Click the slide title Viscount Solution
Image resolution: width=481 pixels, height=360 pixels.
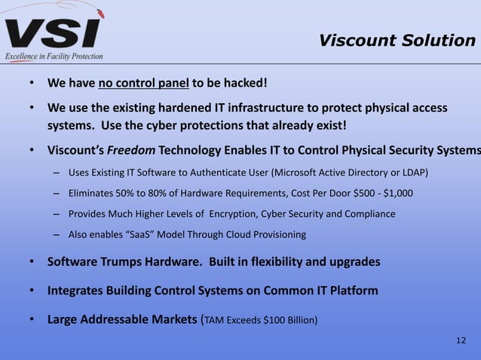(397, 40)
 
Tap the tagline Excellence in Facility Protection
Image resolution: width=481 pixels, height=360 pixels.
(54, 56)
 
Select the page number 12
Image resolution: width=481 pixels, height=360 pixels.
(461, 341)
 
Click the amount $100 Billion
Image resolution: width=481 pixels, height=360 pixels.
(283, 319)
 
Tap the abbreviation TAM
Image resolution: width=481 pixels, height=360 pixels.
(216, 319)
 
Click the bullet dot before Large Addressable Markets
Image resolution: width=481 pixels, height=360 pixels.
(31, 319)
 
